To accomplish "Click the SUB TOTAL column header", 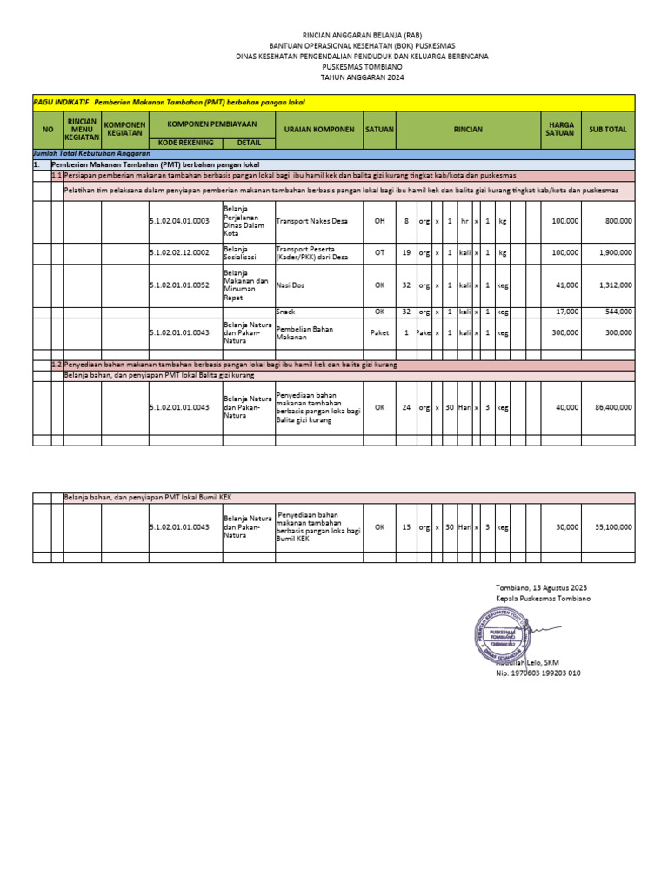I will pos(607,129).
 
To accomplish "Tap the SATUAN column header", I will pos(379,129).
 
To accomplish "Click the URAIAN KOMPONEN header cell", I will pos(318,129).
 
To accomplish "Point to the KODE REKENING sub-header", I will pos(184,142).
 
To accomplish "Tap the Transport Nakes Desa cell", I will pos(311,221).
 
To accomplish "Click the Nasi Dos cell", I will pos(291,285).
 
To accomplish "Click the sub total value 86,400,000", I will pos(607,406).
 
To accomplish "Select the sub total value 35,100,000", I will pos(607,526).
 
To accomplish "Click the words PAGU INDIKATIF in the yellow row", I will pos(60,103).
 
